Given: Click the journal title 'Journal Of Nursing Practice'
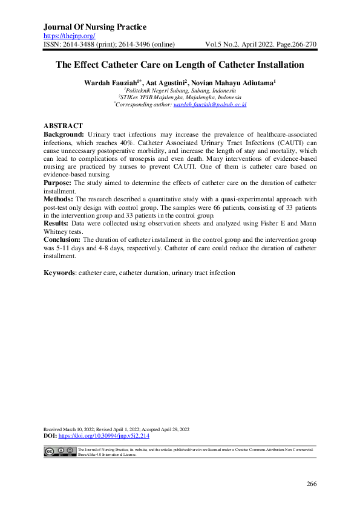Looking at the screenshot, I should (95, 27).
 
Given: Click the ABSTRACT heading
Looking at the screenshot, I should (63, 126).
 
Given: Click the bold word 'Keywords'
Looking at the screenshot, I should (59, 273).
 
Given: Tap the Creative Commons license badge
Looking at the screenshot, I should (59, 452).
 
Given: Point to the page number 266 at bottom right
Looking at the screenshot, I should (311, 484).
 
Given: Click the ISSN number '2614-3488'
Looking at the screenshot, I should (79, 44).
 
